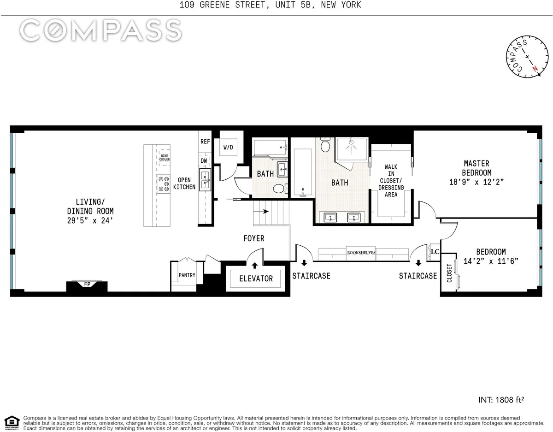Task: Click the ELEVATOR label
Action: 256,278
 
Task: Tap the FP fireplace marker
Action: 87,284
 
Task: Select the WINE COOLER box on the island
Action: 165,158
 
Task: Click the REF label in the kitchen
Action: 205,142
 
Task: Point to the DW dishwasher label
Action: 204,160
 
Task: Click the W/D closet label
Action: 228,148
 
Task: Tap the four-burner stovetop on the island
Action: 164,183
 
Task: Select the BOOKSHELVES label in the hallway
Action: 362,253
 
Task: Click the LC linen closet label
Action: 434,252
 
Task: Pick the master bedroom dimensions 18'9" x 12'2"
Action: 477,182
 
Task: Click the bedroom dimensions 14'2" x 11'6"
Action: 491,261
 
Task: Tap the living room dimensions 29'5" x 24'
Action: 90,220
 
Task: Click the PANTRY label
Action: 187,275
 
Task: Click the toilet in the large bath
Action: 326,145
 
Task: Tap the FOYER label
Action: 254,238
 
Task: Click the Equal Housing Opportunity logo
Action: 12,421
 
